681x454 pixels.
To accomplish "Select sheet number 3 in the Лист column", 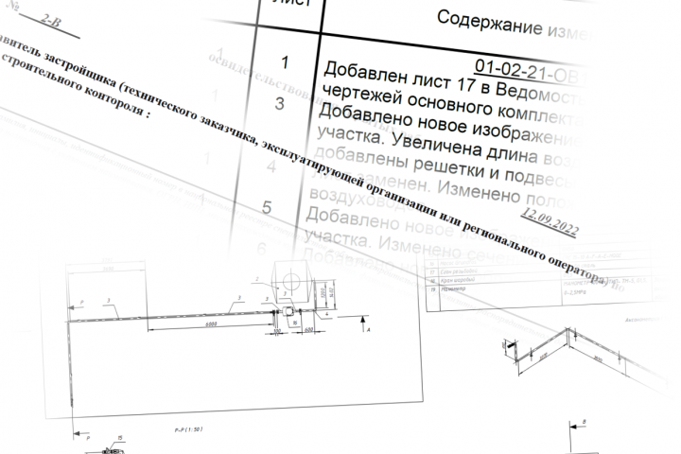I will [x=279, y=104].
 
